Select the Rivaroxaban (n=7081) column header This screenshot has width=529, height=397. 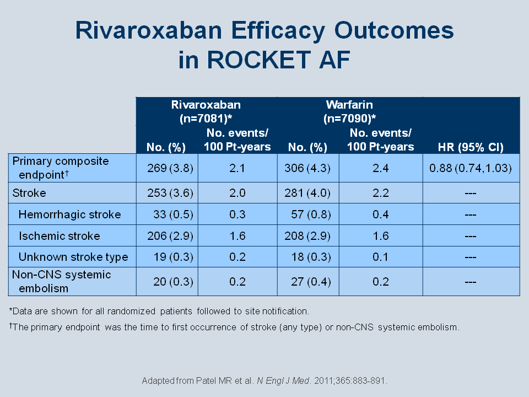(206, 111)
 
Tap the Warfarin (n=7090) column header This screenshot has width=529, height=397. (349, 111)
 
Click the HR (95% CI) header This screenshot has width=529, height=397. (471, 147)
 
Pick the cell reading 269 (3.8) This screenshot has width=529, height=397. (170, 168)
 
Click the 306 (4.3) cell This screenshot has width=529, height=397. (307, 168)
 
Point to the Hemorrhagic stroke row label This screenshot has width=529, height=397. (69, 214)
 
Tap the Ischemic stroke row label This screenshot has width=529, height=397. (60, 235)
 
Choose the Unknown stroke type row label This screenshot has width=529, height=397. (73, 257)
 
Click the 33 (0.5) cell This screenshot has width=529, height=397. (173, 214)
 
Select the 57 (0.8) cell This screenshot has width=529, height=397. (311, 214)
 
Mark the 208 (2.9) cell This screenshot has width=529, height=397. (307, 235)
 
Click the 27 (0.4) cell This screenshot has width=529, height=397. (311, 282)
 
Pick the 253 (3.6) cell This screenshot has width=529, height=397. (170, 193)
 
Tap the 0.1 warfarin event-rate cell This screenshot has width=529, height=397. (381, 257)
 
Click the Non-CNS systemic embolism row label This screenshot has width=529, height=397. (61, 282)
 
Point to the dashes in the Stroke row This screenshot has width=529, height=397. (471, 194)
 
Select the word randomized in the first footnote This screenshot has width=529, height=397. (131, 311)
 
